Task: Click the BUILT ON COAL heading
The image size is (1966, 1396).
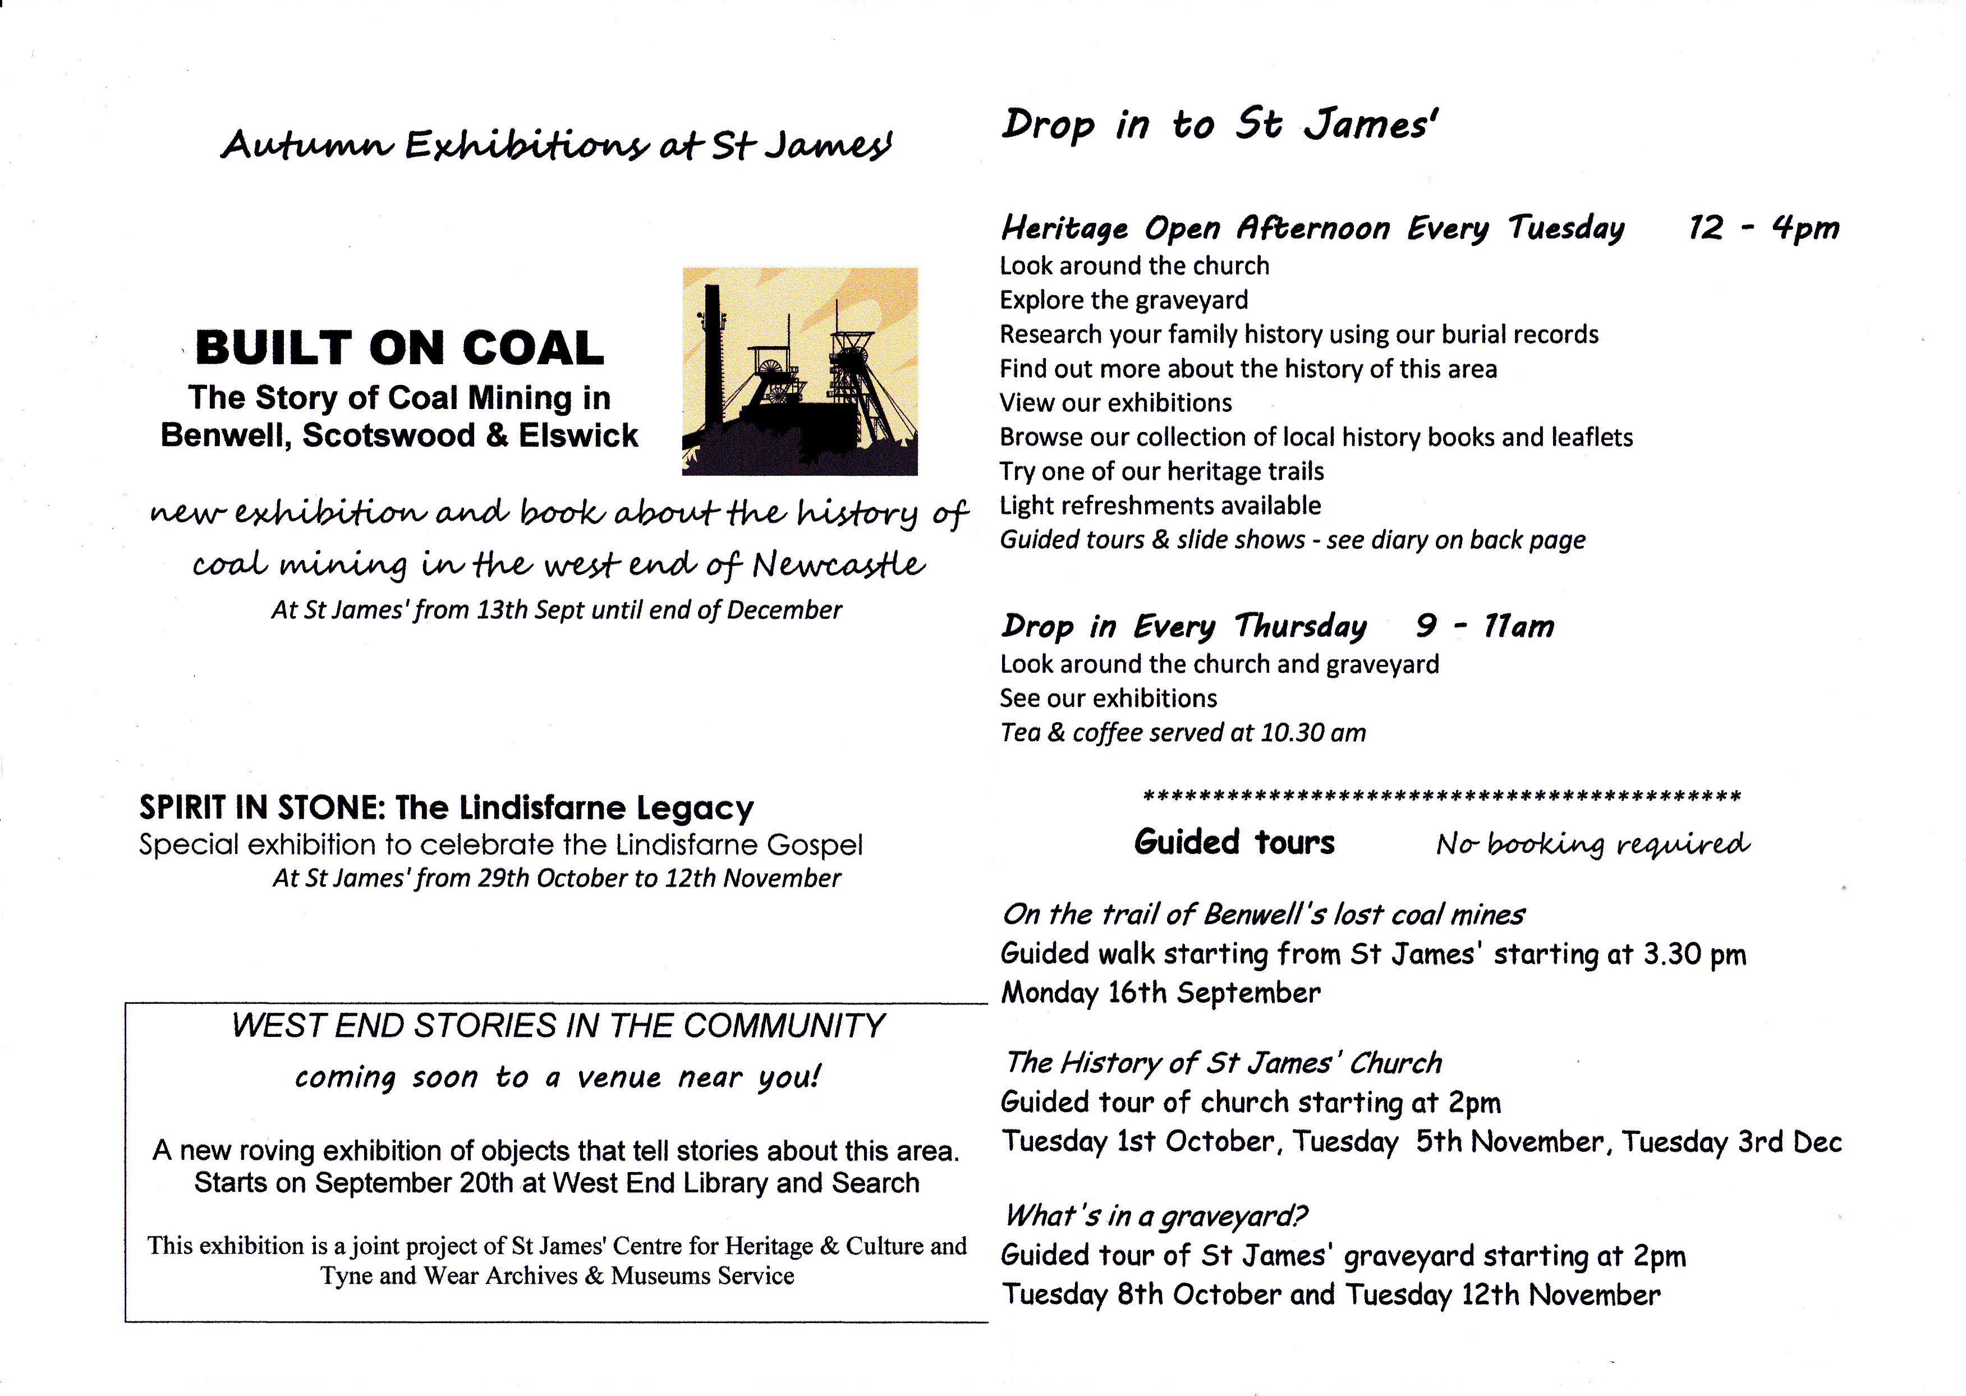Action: click(399, 348)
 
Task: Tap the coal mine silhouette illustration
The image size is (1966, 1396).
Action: click(800, 371)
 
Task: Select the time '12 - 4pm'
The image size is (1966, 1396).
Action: click(1763, 228)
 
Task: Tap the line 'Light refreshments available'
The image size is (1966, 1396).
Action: click(1160, 506)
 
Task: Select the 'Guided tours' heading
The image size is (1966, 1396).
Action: click(1234, 842)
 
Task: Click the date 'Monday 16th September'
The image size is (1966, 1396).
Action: click(1160, 993)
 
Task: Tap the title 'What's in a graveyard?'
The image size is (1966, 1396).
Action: click(1155, 1215)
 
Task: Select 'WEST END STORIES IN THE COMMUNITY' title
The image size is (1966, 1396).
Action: click(558, 1026)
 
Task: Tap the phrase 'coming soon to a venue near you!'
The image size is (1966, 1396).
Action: click(558, 1077)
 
